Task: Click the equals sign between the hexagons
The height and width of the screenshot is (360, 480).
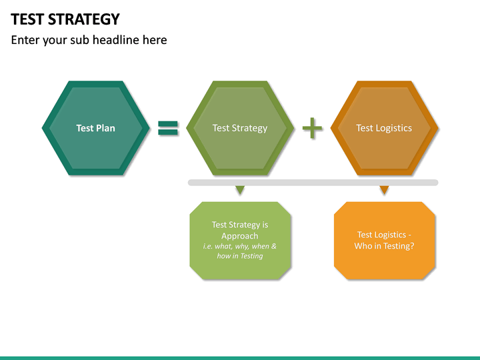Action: click(x=168, y=128)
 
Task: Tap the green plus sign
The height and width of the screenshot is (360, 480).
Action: click(x=312, y=128)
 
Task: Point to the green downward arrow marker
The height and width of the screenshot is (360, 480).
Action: click(x=240, y=191)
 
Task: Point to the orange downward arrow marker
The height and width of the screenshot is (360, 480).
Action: click(x=384, y=191)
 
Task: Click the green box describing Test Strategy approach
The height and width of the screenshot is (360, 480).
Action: click(x=240, y=267)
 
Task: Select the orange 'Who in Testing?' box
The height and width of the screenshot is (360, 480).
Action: click(x=385, y=263)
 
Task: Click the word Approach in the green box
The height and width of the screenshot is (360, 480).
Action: click(x=240, y=236)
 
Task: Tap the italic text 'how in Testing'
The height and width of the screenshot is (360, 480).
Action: click(x=240, y=256)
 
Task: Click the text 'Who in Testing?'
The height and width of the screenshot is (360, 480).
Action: click(x=384, y=246)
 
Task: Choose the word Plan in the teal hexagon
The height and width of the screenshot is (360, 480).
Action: click(x=105, y=128)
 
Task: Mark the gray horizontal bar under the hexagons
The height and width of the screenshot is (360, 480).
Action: click(x=313, y=182)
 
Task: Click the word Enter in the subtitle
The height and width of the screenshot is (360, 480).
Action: click(x=25, y=40)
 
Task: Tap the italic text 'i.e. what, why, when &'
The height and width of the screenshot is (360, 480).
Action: click(x=240, y=246)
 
